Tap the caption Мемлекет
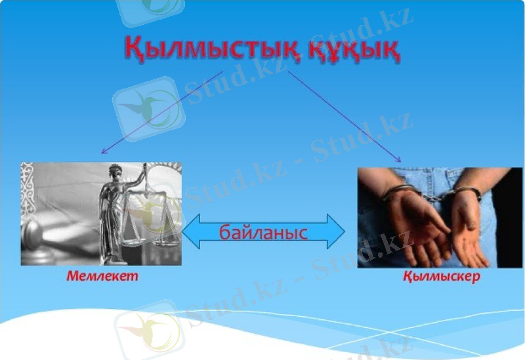[102, 276]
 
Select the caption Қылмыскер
[441, 276]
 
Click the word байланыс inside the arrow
[263, 231]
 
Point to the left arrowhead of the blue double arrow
[190, 231]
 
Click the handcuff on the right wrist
[467, 192]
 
